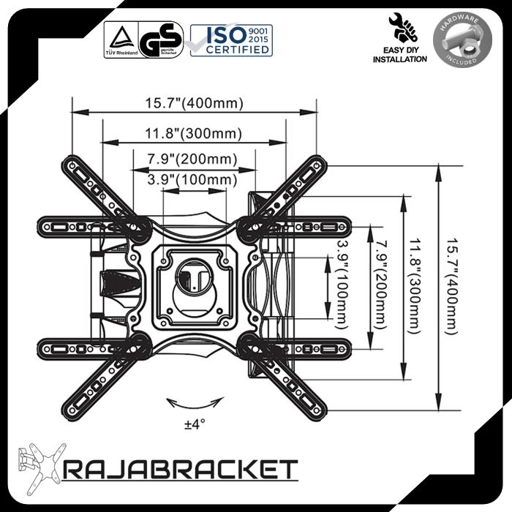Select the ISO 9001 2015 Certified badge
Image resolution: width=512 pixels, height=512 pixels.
pos(231,39)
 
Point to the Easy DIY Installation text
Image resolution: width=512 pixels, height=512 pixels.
pos(400,54)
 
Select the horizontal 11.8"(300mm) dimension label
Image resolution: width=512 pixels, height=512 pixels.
pos(193,133)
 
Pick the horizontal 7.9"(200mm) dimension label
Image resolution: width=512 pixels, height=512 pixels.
pos(192,159)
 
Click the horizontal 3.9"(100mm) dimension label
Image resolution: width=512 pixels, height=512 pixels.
pos(192,179)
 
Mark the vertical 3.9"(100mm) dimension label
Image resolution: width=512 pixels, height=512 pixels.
pos(342,282)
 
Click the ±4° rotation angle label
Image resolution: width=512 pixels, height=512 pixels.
pos(195,424)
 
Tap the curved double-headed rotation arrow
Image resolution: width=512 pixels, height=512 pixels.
pos(194,403)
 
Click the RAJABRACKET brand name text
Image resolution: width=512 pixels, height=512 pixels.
pos(181,469)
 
